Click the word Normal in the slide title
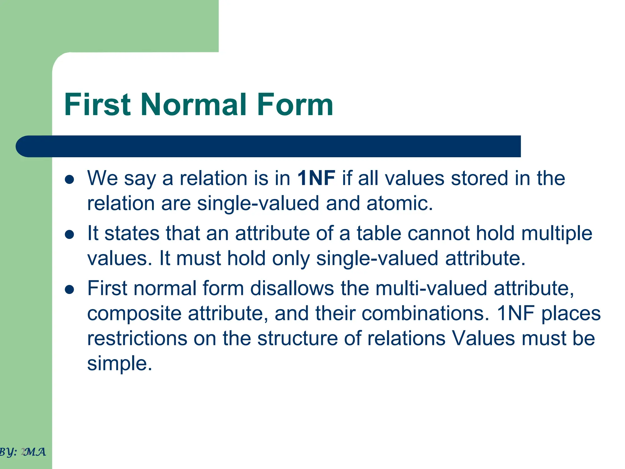click(x=193, y=105)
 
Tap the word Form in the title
click(x=295, y=105)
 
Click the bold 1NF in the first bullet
click(x=316, y=178)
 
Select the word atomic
click(x=399, y=203)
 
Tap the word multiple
click(x=557, y=233)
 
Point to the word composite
click(x=134, y=314)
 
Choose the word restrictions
click(x=137, y=338)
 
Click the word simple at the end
click(x=119, y=364)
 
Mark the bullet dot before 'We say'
click(x=70, y=180)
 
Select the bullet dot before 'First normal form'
click(x=70, y=290)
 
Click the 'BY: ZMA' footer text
click(x=23, y=452)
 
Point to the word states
click(x=132, y=233)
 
